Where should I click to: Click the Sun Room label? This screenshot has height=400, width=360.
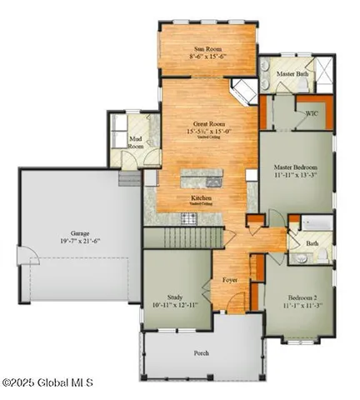pos(197,51)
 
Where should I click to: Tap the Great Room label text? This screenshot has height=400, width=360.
pos(202,123)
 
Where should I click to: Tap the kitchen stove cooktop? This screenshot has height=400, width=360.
pos(189,218)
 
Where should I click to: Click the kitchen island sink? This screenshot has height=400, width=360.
pos(212,179)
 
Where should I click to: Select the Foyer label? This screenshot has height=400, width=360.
pos(230,281)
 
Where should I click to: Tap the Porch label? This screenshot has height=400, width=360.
pos(202,352)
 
